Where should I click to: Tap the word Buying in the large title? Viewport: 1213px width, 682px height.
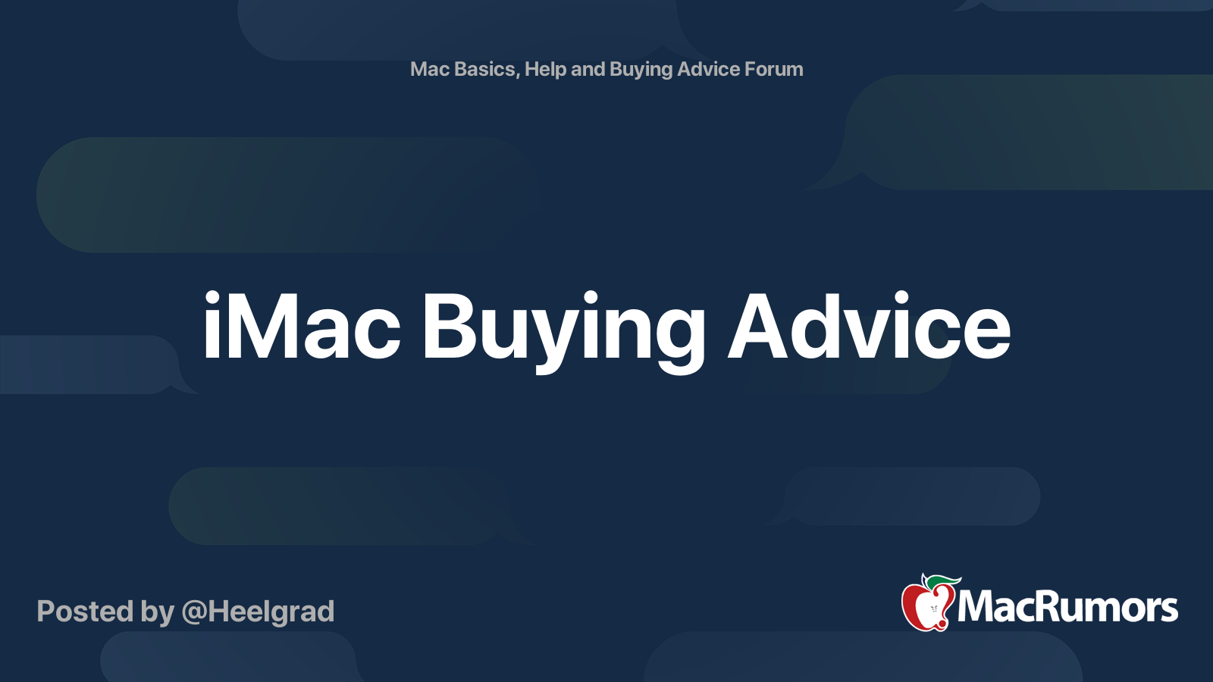(x=563, y=330)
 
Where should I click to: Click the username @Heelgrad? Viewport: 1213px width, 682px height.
(x=258, y=612)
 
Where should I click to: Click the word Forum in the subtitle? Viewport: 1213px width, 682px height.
(x=773, y=69)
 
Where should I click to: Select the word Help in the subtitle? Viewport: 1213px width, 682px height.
(x=545, y=69)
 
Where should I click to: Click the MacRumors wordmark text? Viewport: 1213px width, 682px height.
(x=1067, y=608)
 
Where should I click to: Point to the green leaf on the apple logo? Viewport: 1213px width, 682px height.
(x=944, y=581)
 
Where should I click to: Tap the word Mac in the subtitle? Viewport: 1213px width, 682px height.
(x=430, y=69)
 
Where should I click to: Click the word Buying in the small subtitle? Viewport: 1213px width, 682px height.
(x=641, y=70)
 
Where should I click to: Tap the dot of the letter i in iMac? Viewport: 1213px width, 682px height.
(x=212, y=296)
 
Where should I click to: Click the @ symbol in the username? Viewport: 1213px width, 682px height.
(x=193, y=612)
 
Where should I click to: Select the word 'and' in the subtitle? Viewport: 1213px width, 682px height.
(x=588, y=69)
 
